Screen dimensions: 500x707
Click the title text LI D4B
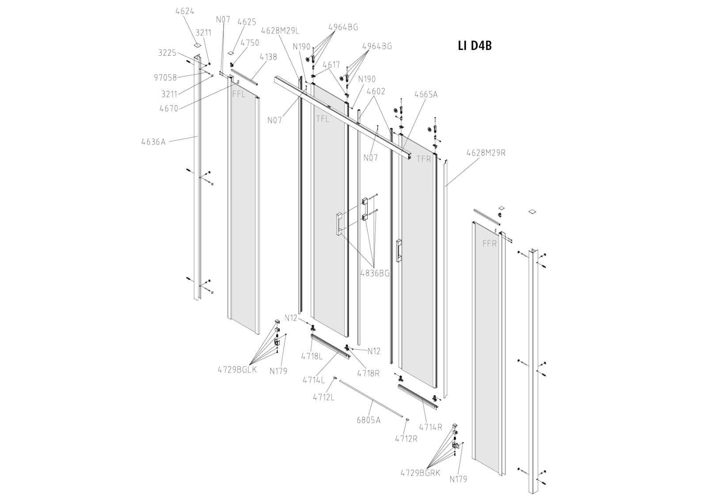click(x=475, y=46)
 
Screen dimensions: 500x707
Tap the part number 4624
click(x=185, y=11)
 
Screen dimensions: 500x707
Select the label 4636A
click(x=153, y=142)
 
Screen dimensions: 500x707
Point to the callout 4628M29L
click(x=280, y=30)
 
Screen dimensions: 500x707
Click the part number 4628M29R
click(x=486, y=153)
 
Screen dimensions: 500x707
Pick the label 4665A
click(x=426, y=95)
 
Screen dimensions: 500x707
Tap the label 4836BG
click(x=375, y=273)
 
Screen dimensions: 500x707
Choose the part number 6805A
click(x=369, y=420)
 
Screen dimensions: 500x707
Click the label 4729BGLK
click(x=237, y=370)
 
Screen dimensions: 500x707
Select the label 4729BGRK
click(x=420, y=473)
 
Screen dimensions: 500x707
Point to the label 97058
click(x=165, y=78)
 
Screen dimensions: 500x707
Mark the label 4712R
click(x=406, y=439)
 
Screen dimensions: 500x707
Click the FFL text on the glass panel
click(x=239, y=94)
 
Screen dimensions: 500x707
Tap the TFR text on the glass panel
click(x=423, y=159)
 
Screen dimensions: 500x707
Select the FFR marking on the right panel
click(x=490, y=243)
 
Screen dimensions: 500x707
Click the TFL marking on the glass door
click(x=323, y=119)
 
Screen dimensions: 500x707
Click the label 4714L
click(x=313, y=380)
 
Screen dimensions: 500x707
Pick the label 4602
click(x=376, y=91)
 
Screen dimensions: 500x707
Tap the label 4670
click(x=169, y=108)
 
